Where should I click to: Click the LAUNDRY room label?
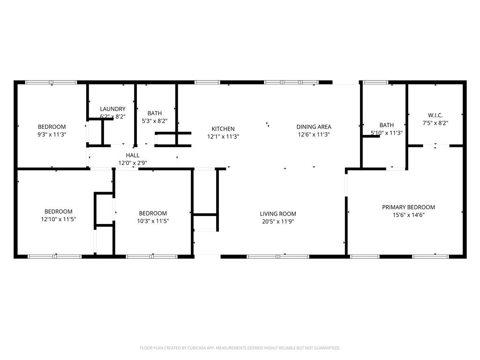[112, 109]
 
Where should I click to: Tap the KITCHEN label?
[223, 129]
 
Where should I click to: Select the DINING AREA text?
[314, 127]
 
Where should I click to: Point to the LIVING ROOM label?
[278, 214]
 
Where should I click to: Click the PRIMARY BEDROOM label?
[408, 207]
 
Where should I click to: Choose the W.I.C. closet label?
[435, 115]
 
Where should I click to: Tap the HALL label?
[133, 155]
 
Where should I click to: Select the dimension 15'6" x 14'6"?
[408, 215]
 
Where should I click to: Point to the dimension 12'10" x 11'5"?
[59, 219]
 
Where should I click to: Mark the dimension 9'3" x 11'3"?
[52, 135]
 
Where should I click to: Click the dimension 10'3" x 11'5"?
[153, 221]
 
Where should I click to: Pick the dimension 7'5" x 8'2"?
[435, 123]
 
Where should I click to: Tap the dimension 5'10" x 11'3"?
[387, 133]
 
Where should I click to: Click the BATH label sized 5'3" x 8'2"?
[155, 113]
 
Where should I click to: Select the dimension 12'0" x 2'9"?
[133, 163]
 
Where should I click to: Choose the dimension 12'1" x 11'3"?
[223, 137]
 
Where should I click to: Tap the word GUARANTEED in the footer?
[326, 348]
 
